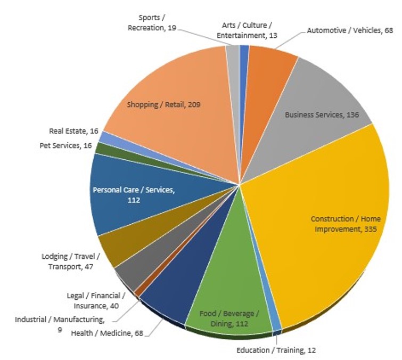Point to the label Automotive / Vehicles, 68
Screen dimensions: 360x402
tap(349, 30)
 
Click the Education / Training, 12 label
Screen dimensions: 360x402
tap(276, 350)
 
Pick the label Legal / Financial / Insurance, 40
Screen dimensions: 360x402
tap(96, 300)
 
